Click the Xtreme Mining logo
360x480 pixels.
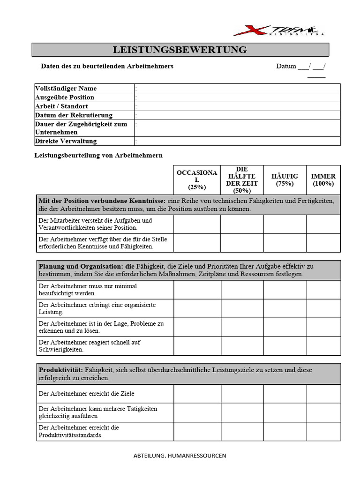click(x=279, y=31)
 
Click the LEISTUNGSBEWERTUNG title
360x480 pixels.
click(x=180, y=50)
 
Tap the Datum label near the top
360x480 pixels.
click(x=286, y=66)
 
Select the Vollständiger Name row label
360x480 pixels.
click(x=66, y=88)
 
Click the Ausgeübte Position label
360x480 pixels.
click(x=65, y=97)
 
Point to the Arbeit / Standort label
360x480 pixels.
click(x=61, y=106)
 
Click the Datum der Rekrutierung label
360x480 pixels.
click(x=74, y=115)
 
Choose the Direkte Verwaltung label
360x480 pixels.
click(x=66, y=141)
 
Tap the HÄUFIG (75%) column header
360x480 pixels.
click(x=285, y=180)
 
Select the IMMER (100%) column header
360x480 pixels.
click(x=323, y=180)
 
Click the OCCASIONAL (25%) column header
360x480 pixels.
click(x=197, y=180)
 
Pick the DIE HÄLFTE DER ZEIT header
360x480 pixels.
click(x=241, y=180)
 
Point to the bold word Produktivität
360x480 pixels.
click(x=61, y=370)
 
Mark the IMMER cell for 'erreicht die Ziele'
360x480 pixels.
click(x=323, y=394)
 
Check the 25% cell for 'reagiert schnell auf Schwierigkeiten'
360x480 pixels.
click(x=197, y=346)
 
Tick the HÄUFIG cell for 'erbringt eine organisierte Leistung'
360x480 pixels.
click(x=285, y=308)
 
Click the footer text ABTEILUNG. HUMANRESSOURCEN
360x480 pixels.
click(x=180, y=455)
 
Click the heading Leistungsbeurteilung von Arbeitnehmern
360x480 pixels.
click(x=98, y=155)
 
